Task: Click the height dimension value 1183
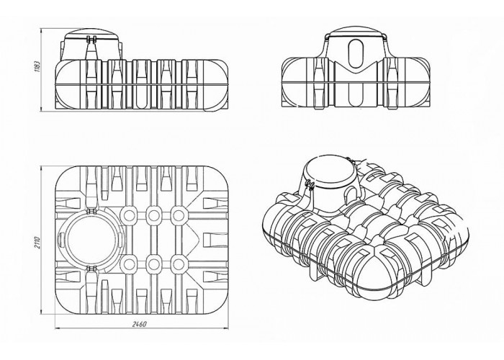click(37, 66)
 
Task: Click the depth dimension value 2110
click(36, 243)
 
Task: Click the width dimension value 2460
click(140, 324)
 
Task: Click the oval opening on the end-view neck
click(356, 53)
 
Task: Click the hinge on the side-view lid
click(91, 39)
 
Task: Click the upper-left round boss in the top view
click(129, 215)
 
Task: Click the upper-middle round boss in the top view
click(153, 215)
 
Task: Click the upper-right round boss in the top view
click(178, 215)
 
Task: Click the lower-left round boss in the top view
click(129, 264)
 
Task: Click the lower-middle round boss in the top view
click(153, 264)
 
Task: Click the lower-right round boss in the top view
click(178, 264)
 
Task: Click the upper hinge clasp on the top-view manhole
click(91, 210)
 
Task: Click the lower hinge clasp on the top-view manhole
click(91, 267)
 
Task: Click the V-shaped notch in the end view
click(356, 69)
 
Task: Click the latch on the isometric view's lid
click(310, 186)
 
